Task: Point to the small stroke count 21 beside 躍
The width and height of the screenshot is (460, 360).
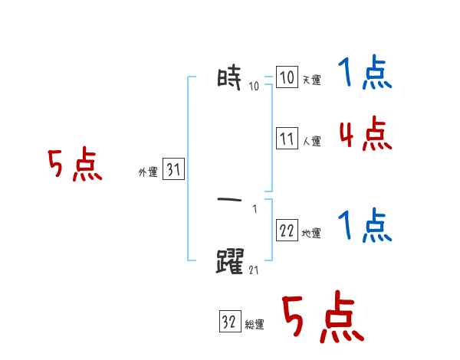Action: point(255,269)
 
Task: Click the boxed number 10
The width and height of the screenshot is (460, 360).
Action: point(287,77)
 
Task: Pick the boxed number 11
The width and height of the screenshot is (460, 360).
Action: point(287,139)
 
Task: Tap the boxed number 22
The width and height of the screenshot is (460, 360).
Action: point(287,231)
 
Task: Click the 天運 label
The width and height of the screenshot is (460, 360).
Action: point(311,80)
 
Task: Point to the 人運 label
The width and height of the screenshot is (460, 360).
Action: point(311,142)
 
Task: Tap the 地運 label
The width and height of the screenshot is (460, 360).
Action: point(311,234)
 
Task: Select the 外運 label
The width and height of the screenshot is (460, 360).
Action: point(147,173)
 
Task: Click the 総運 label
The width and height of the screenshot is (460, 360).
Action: point(254,325)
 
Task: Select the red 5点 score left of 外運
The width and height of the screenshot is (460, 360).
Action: point(75,166)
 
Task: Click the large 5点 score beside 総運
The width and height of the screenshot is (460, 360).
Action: point(322,318)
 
